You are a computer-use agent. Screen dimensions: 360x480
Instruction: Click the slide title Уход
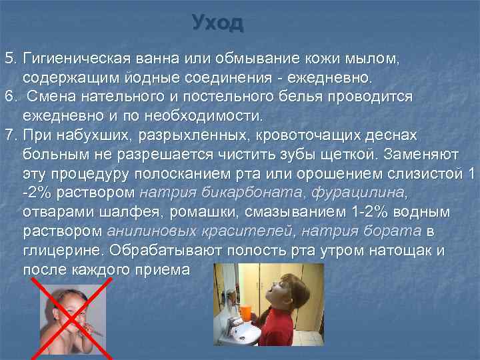click(x=217, y=23)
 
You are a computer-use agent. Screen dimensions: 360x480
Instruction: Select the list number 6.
click(x=11, y=97)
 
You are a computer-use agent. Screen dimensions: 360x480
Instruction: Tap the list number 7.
click(x=11, y=135)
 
